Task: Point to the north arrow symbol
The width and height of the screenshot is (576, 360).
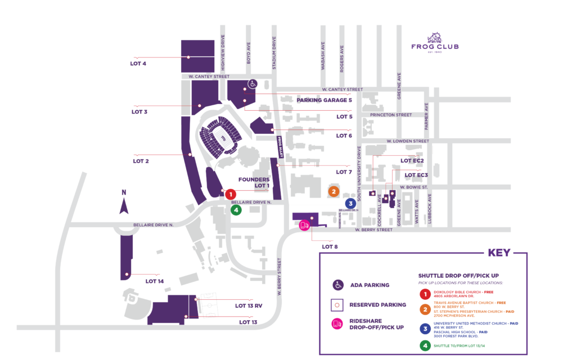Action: click(124, 201)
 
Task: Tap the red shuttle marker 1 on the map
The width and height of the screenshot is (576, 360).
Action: click(229, 194)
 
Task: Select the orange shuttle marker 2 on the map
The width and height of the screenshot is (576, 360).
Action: click(334, 191)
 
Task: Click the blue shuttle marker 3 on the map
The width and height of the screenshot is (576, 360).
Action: click(350, 203)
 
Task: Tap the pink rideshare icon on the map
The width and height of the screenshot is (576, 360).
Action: click(304, 225)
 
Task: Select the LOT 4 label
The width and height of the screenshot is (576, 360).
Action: click(138, 64)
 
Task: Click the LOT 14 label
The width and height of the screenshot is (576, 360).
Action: click(154, 281)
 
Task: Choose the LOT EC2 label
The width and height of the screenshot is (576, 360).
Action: click(412, 161)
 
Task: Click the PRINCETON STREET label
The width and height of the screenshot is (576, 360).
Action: click(391, 115)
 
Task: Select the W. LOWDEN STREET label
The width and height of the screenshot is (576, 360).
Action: click(408, 141)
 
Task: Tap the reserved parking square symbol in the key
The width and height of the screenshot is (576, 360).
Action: click(337, 305)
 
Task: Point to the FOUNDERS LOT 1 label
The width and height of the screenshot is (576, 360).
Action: click(254, 182)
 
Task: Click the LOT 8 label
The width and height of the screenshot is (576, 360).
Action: click(330, 246)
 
